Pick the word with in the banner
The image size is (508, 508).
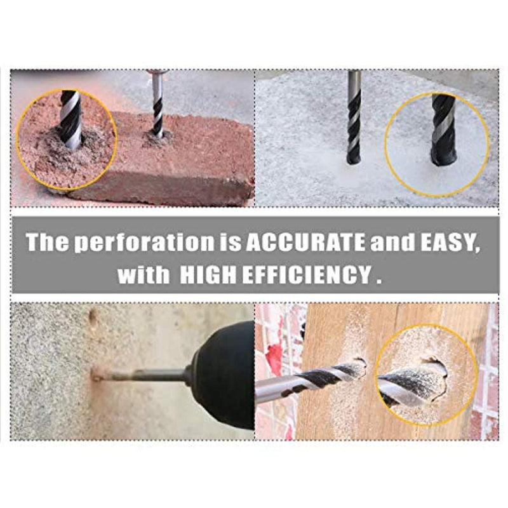pyautogui.click(x=144, y=276)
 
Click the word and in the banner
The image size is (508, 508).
pyautogui.click(x=392, y=242)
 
